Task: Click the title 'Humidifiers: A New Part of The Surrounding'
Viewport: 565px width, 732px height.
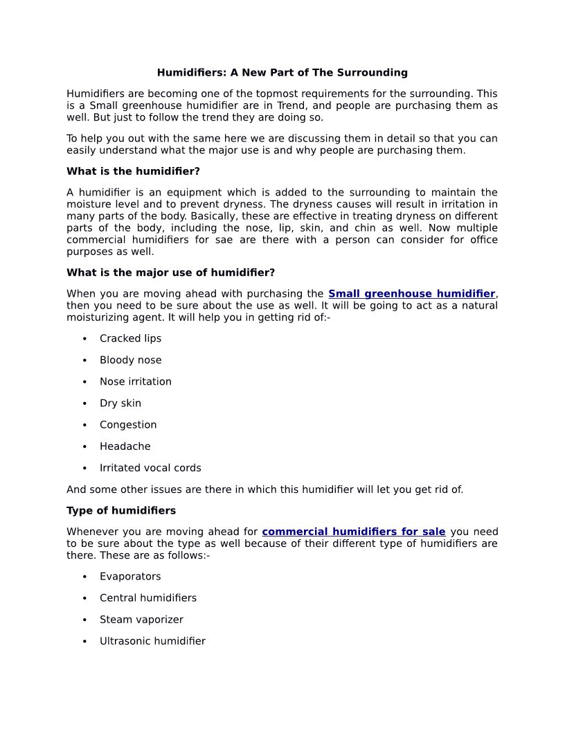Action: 282,72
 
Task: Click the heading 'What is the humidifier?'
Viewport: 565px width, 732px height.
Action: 133,171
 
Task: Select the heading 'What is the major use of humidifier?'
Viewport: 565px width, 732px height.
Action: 170,272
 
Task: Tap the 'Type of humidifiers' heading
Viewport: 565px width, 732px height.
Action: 121,510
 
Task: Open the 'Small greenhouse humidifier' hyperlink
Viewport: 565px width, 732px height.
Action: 411,294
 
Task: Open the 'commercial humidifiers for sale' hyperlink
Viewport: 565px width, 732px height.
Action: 353,532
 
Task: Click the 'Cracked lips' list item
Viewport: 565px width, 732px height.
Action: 130,338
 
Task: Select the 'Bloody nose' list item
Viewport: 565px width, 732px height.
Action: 130,360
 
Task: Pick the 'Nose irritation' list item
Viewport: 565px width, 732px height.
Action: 135,381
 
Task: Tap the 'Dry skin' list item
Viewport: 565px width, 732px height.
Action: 120,403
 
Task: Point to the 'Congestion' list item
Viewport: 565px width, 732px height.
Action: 128,424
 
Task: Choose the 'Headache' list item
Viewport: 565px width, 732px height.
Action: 125,446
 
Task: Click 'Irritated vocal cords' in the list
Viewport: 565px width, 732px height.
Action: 150,468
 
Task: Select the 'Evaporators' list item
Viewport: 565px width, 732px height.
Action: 130,576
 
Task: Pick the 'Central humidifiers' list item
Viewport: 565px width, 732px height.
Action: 147,598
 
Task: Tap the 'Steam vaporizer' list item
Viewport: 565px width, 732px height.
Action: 141,619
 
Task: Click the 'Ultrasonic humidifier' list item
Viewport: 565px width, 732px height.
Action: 152,641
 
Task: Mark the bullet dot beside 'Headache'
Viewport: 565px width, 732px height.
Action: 84,446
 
